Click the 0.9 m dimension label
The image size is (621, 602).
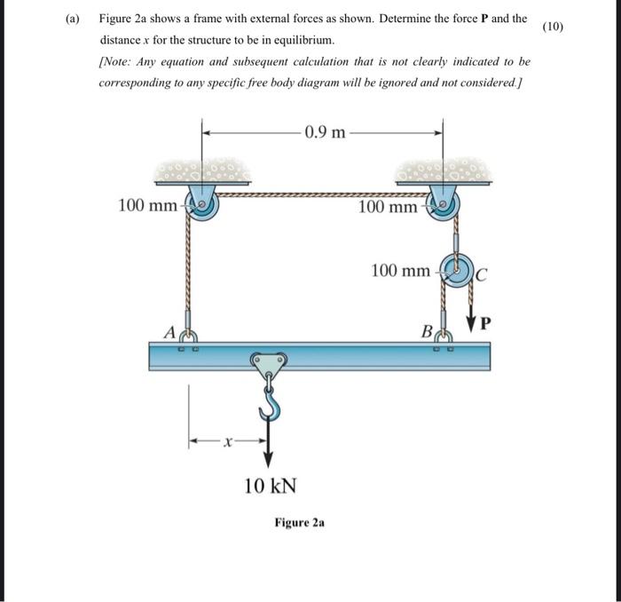tap(325, 133)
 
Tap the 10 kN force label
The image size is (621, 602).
tap(271, 486)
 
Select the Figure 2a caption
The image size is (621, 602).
tap(299, 523)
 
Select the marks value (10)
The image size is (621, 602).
tap(552, 26)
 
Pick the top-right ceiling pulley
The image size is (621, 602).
tap(443, 204)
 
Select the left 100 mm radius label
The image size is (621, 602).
tap(147, 207)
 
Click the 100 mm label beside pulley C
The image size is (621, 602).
tap(399, 269)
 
